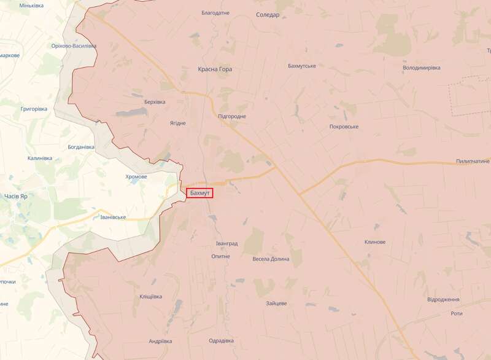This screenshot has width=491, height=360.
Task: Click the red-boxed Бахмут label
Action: pyautogui.click(x=199, y=194)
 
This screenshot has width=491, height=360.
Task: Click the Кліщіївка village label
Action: pyautogui.click(x=147, y=296)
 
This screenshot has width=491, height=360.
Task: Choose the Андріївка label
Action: pyautogui.click(x=160, y=342)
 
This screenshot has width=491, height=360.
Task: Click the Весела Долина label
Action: pyautogui.click(x=271, y=259)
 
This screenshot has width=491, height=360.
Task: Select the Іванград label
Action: pyautogui.click(x=226, y=244)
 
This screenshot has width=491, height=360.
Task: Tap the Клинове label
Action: pyautogui.click(x=374, y=242)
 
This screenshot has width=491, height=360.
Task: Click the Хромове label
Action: pyautogui.click(x=136, y=176)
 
